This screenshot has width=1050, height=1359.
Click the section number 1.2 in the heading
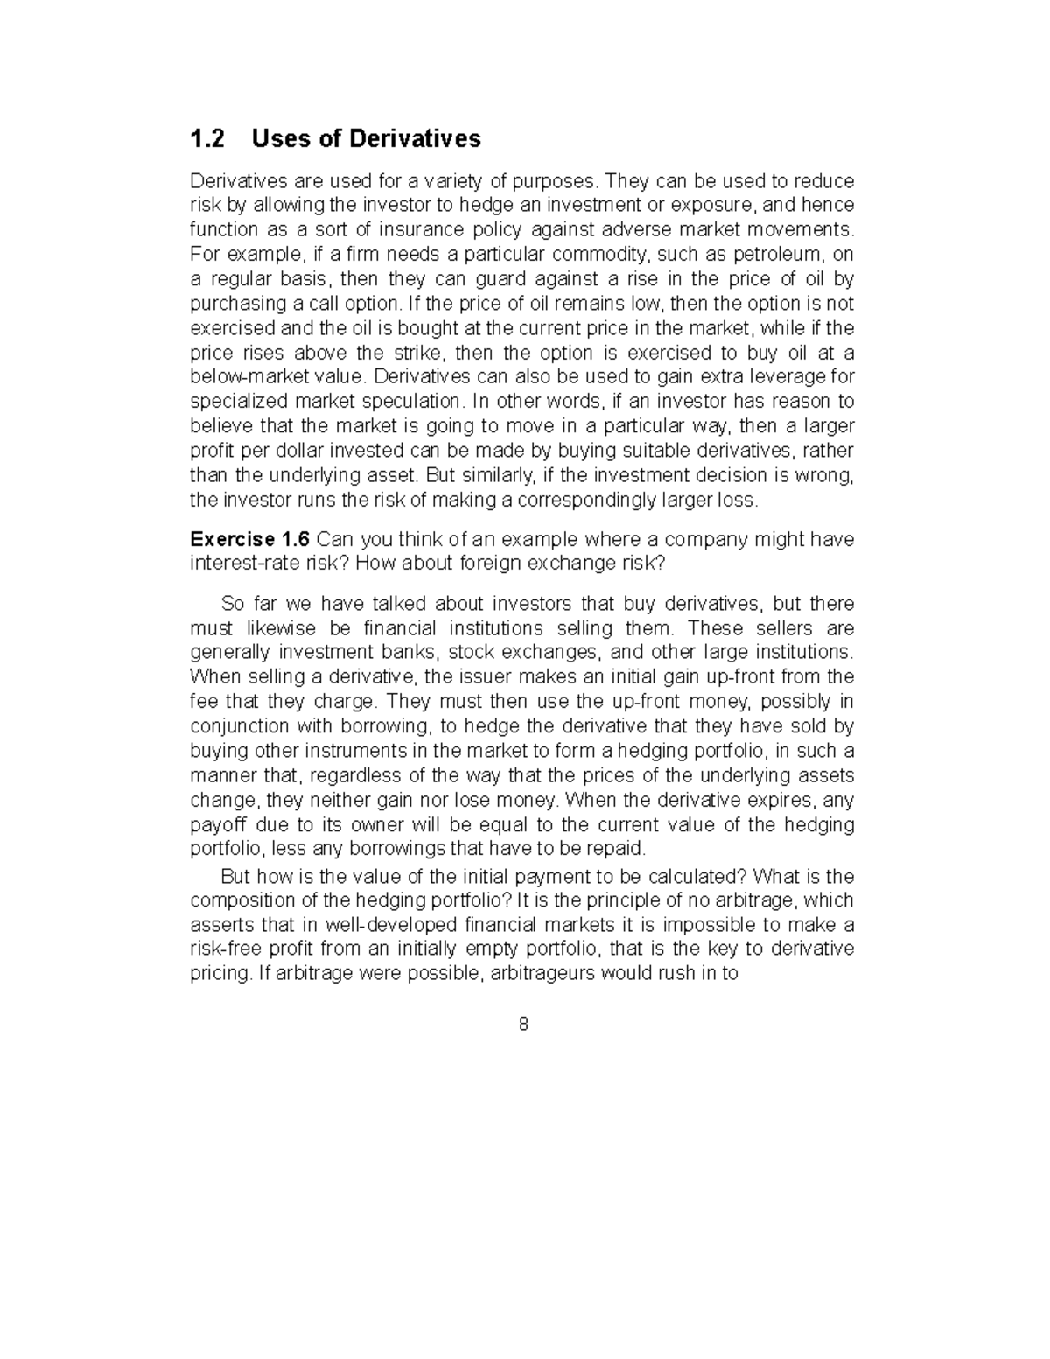(x=207, y=138)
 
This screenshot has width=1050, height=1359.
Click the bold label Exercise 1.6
(x=249, y=539)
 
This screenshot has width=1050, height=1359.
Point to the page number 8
(x=523, y=1025)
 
